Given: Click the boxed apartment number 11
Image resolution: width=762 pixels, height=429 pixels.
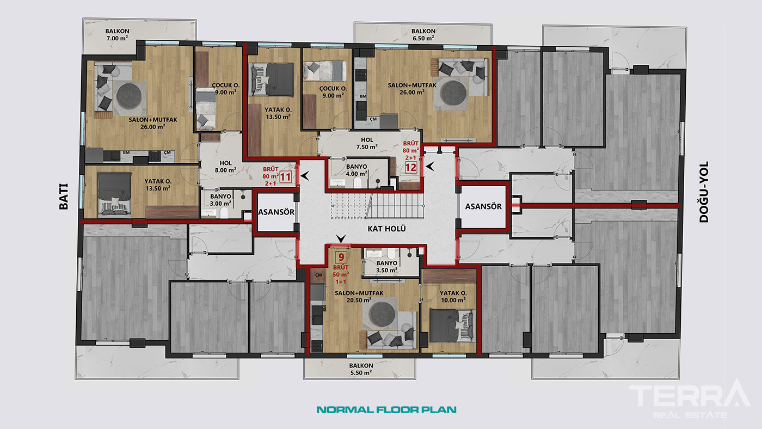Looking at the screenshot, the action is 285,177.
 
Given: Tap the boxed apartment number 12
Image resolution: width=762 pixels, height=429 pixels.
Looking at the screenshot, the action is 410,167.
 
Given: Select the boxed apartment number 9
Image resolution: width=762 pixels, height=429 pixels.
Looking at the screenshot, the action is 341,258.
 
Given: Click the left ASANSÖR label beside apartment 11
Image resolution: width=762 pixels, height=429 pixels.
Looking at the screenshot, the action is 276,212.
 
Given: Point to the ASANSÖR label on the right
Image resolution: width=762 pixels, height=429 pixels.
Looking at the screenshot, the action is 483,206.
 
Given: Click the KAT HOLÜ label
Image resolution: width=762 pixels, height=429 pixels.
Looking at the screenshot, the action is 386,229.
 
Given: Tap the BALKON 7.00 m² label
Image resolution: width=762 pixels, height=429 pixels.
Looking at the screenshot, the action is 117,35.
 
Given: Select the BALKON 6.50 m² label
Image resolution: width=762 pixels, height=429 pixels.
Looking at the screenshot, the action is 423,35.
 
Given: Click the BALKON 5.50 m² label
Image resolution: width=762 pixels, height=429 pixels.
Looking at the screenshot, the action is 361,369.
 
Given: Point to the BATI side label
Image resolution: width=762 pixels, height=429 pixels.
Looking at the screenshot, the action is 64,197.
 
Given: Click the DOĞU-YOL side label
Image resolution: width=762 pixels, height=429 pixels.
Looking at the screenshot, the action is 703,192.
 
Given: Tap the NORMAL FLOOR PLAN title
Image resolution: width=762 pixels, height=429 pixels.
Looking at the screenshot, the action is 386,409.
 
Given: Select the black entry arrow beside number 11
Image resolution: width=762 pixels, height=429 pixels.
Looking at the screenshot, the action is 304,176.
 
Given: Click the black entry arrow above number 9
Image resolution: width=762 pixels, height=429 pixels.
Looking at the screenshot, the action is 341,238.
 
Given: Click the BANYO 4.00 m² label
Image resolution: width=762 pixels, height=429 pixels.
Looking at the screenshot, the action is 357,170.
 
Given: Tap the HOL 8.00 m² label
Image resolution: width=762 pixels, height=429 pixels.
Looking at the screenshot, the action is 225,167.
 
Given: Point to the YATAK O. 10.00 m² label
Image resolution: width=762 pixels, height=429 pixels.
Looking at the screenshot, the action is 453,297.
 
